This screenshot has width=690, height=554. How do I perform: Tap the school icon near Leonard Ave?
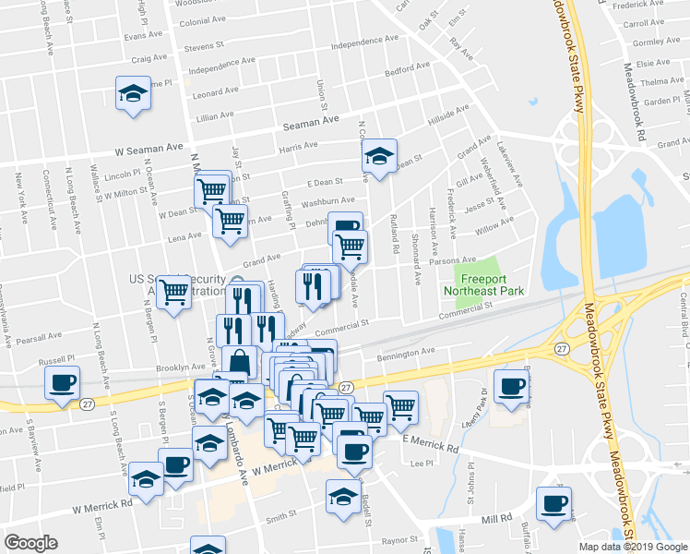click(x=133, y=93)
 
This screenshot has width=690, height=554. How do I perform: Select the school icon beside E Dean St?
click(x=378, y=157)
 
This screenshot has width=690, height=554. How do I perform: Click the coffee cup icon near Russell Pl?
click(x=62, y=383)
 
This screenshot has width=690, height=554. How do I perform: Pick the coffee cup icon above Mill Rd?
click(x=553, y=504)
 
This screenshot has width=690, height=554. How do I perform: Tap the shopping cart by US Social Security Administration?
click(x=173, y=293)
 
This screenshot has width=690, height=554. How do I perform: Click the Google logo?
click(x=30, y=543)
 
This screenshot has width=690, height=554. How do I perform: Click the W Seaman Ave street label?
click(x=149, y=147)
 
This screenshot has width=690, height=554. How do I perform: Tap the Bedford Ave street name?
click(x=408, y=68)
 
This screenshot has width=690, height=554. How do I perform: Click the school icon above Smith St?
click(x=344, y=496)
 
